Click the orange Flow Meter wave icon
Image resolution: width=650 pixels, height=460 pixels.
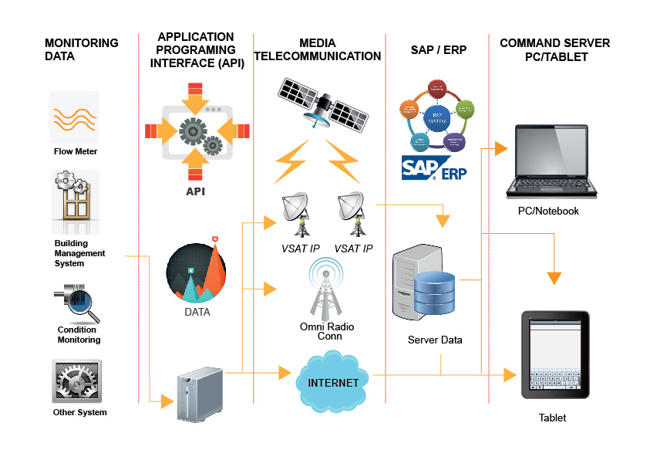pos(75,117)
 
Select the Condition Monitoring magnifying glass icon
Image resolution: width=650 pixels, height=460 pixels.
pos(77,303)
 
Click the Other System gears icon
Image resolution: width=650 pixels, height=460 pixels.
pos(76,381)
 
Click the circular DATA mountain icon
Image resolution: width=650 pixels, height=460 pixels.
pos(197,273)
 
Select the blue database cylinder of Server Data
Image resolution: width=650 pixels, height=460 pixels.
pos(436,294)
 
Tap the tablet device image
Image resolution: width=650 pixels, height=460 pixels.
pos(555,356)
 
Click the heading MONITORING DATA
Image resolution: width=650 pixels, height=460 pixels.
pos(81,49)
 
